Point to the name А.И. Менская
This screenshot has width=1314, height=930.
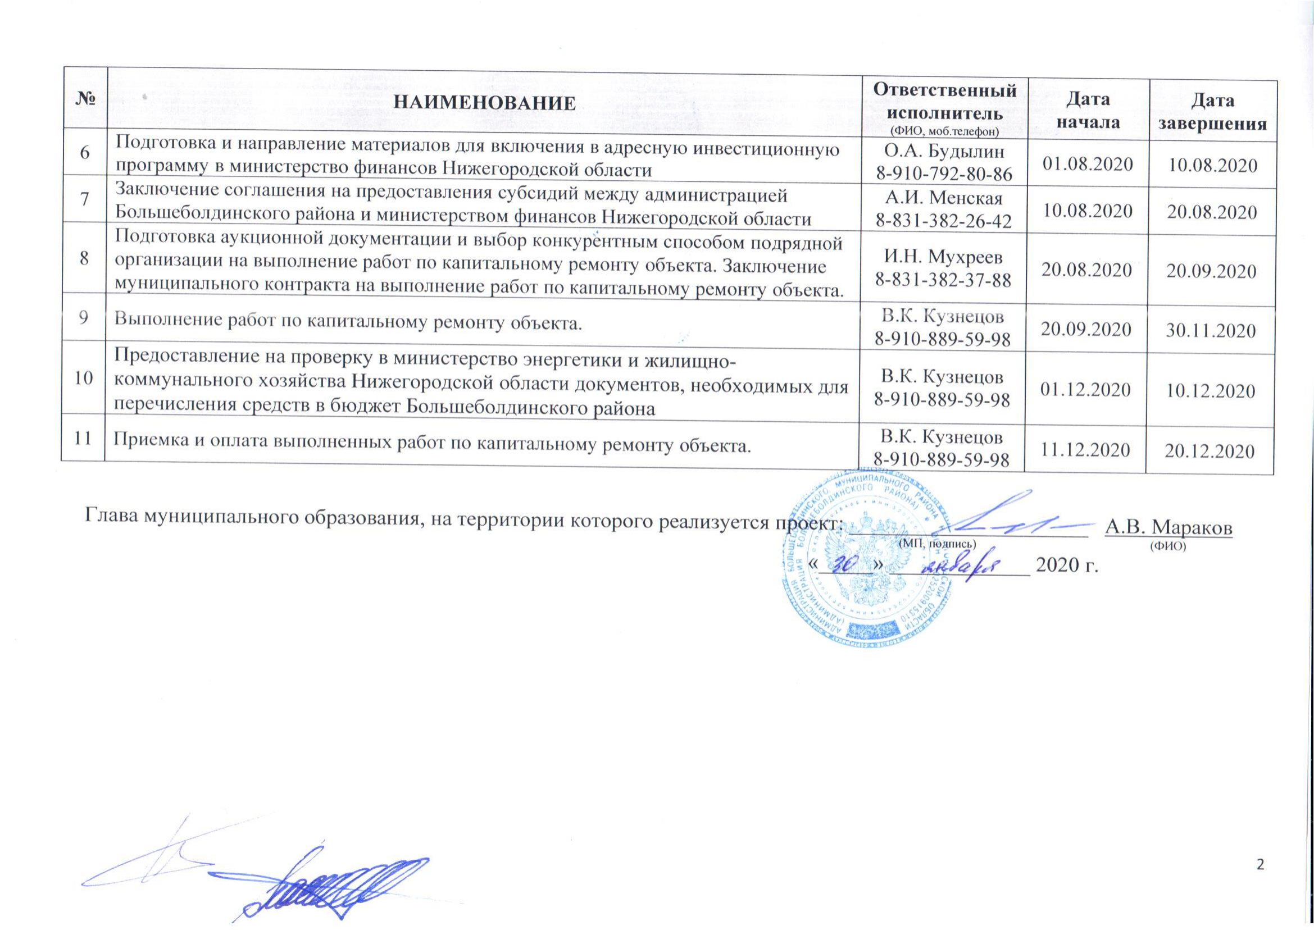944,199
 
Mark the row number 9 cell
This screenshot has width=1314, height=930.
84,318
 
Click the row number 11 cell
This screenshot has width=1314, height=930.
84,439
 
